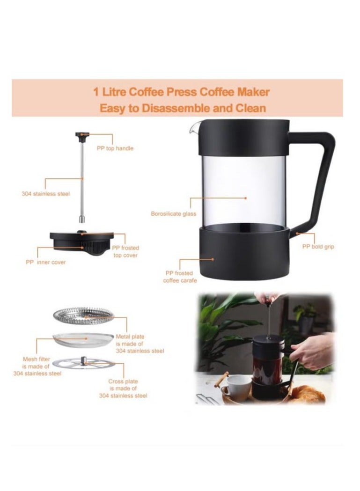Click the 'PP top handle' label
115,148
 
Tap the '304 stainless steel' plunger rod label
45,193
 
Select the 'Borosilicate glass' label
173,214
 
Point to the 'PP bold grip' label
318,246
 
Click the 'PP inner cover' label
45,262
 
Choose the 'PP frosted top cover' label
125,251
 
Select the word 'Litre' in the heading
112,92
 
